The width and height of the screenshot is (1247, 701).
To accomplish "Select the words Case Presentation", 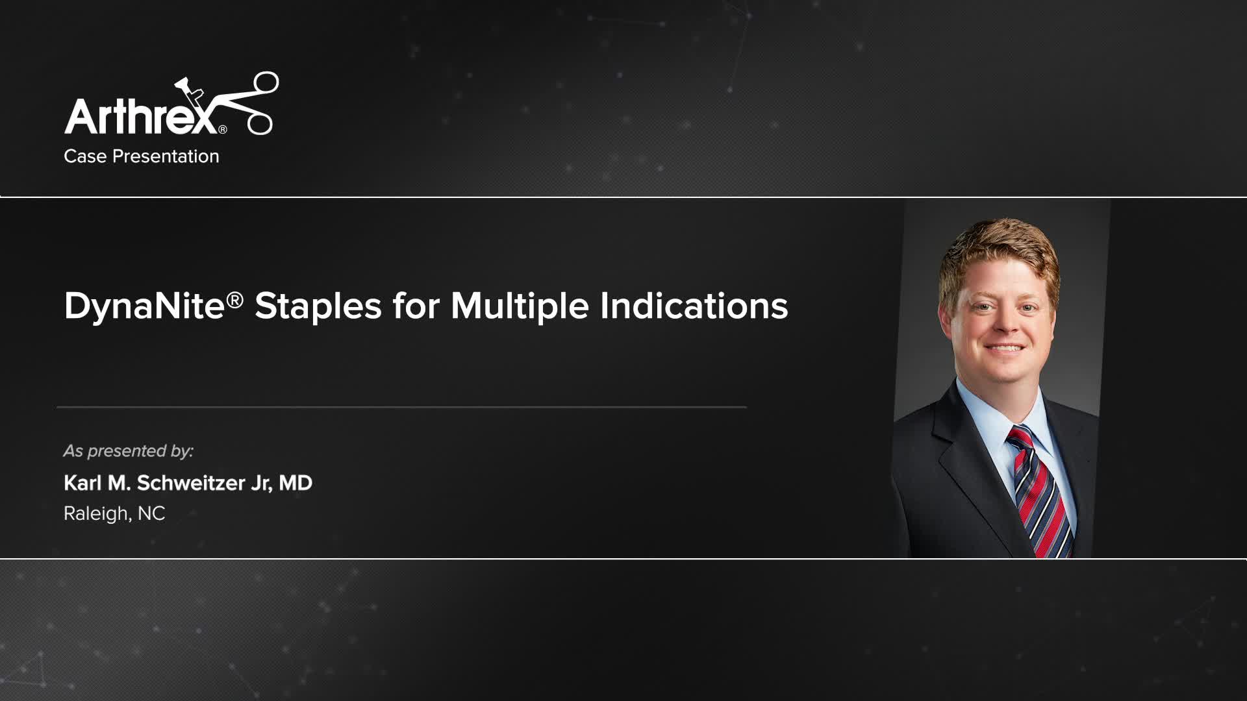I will pyautogui.click(x=142, y=156).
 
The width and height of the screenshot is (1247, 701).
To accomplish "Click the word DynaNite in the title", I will pyautogui.click(x=144, y=306).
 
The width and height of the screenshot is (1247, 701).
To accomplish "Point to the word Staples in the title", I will pyautogui.click(x=318, y=306).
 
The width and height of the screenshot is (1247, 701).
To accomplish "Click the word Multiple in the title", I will pyautogui.click(x=519, y=306).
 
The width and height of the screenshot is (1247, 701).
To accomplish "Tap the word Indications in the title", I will pyautogui.click(x=694, y=306).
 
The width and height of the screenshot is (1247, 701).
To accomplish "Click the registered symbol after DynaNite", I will pyautogui.click(x=234, y=299).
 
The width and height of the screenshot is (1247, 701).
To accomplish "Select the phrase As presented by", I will pyautogui.click(x=128, y=450).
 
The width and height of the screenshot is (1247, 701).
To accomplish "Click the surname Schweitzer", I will pyautogui.click(x=190, y=483).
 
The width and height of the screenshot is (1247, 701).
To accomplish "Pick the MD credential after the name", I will pyautogui.click(x=296, y=483).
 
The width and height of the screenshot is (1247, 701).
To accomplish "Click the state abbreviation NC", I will pyautogui.click(x=151, y=513).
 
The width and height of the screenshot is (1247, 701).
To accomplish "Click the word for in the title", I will pyautogui.click(x=416, y=306).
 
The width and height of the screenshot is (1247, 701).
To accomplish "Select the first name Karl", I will pyautogui.click(x=82, y=483).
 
